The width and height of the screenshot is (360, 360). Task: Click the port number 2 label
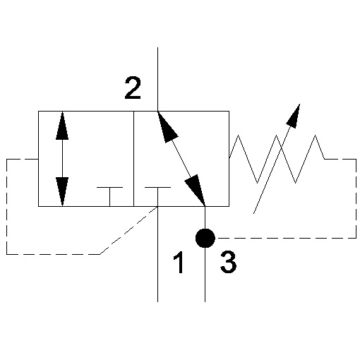[133, 88]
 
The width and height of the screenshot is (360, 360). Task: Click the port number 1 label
[179, 262]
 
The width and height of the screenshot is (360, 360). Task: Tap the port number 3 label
[228, 262]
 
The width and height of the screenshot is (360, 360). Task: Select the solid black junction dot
[205, 238]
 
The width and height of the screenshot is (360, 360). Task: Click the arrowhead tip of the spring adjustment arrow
[300, 104]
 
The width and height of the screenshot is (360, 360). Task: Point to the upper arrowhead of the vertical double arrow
[62, 126]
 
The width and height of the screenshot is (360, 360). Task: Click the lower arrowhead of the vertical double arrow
[62, 192]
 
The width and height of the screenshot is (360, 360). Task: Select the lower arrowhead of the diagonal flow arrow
[196, 189]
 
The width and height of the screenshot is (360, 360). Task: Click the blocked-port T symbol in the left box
[109, 197]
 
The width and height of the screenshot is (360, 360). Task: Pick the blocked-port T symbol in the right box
[157, 197]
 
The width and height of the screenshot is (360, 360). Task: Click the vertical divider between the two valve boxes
[133, 159]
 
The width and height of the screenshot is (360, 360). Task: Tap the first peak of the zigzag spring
[238, 135]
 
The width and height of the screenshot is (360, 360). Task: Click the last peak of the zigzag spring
[316, 135]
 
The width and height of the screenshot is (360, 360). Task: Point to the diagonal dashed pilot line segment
[128, 230]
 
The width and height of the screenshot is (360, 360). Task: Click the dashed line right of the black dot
[287, 238]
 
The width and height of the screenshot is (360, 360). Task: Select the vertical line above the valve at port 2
[157, 79]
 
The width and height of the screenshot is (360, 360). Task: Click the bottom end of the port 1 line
[157, 301]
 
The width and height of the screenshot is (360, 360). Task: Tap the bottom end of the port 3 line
[205, 301]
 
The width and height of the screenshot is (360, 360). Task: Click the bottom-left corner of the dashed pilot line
[6, 254]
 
